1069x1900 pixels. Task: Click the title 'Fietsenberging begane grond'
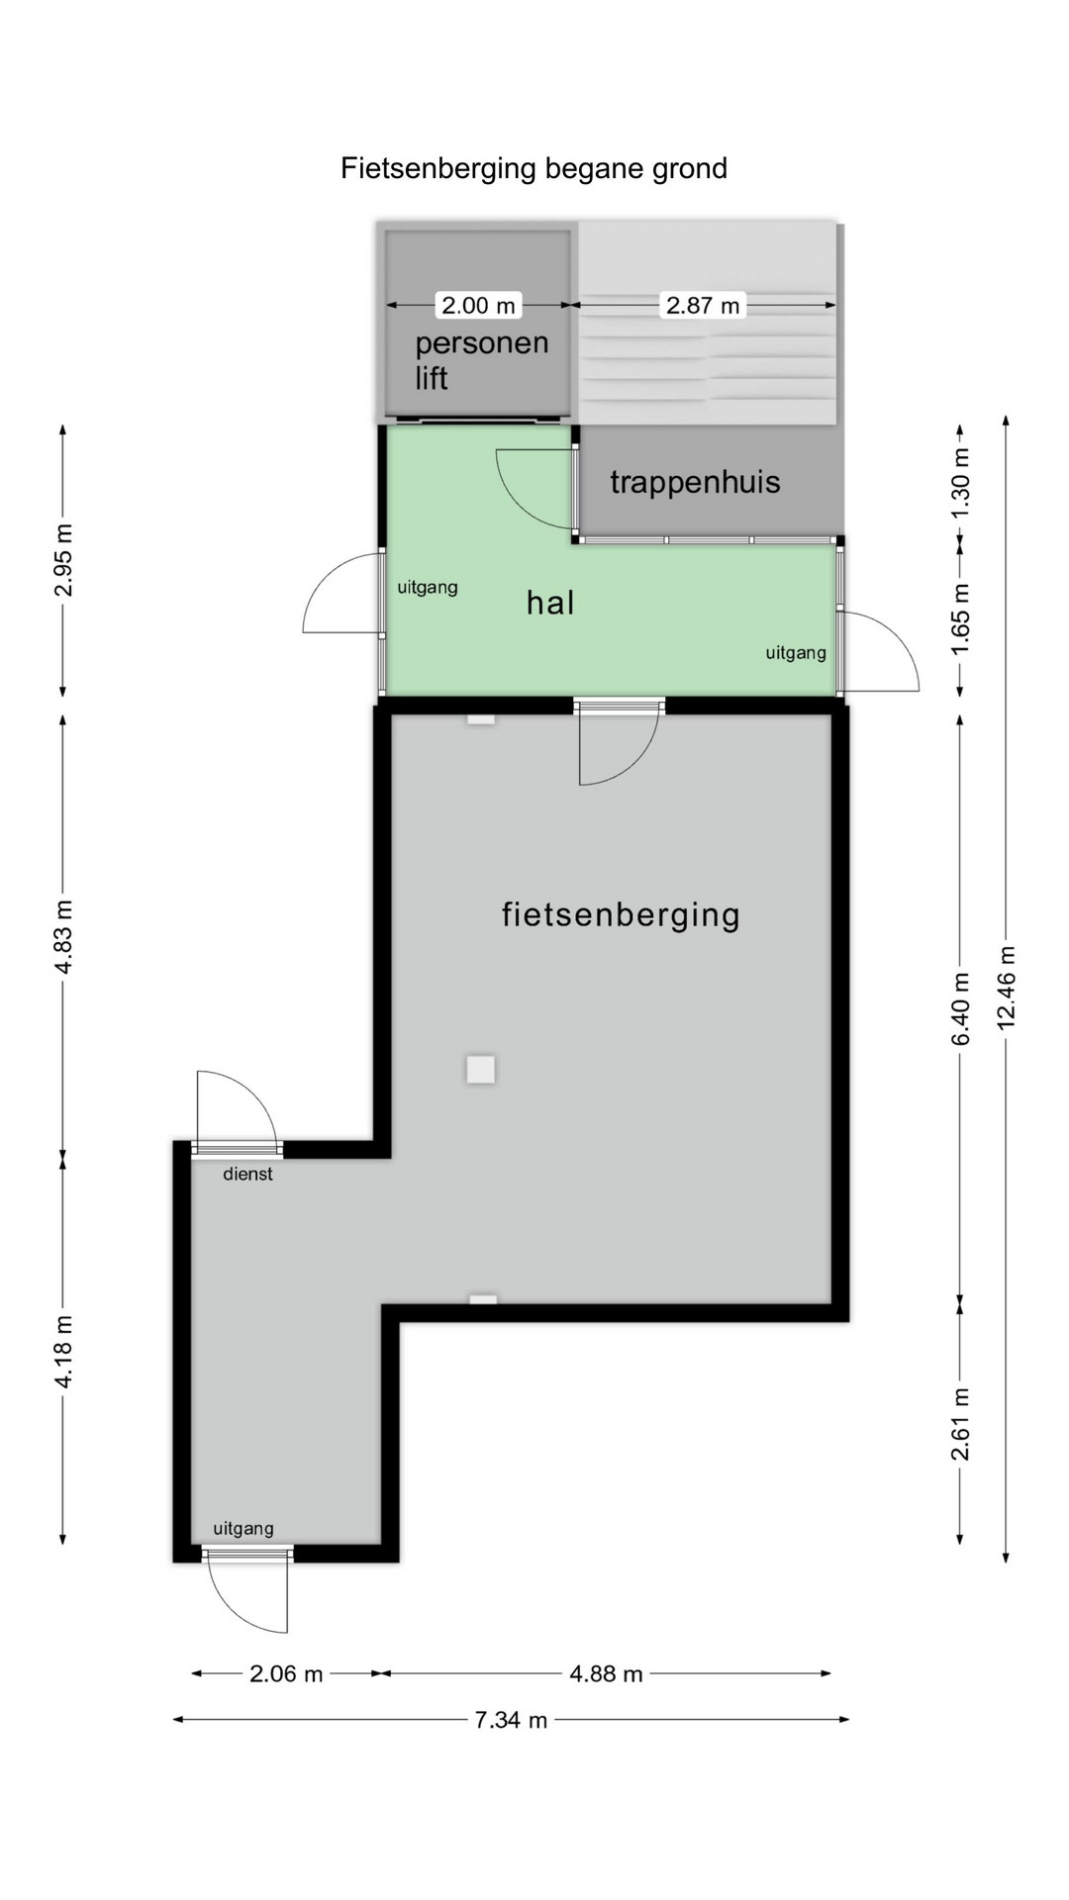(534, 169)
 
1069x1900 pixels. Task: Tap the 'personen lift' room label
(481, 360)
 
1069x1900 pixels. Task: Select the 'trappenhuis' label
(695, 482)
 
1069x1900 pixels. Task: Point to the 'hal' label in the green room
(550, 602)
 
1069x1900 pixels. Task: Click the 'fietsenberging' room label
(621, 913)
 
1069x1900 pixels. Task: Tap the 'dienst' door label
(247, 1174)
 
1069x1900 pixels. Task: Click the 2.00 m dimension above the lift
(478, 305)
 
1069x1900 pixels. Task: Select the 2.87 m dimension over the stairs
(703, 305)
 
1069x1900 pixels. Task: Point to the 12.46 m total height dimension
(1008, 987)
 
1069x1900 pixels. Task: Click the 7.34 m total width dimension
(511, 1720)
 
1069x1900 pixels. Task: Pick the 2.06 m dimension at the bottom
(286, 1673)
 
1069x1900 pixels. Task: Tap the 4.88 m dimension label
(606, 1673)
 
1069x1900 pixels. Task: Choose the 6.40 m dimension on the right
(960, 1008)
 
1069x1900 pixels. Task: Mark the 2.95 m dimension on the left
(63, 560)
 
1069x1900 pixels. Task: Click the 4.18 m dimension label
(63, 1352)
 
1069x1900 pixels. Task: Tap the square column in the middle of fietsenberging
(481, 1069)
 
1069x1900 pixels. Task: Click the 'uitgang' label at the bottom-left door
(243, 1528)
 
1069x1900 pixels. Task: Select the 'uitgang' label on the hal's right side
(796, 652)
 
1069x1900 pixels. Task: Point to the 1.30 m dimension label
(960, 483)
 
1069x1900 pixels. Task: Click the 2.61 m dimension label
(960, 1424)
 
